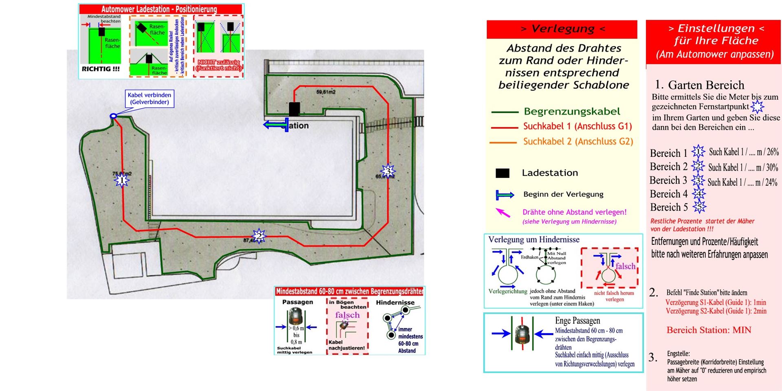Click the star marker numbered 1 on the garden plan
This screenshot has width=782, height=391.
coord(121,180)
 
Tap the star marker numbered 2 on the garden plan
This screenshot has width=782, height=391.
coord(259,236)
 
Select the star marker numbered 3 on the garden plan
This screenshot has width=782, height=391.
coord(388,170)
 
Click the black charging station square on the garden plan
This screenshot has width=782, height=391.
coord(294,109)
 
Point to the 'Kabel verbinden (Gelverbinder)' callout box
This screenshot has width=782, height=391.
coord(149,99)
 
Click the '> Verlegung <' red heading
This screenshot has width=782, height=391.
coord(562,29)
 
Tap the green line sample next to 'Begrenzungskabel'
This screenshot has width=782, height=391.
coord(504,112)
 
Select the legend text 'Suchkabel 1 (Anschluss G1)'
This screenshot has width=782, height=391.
coord(577,126)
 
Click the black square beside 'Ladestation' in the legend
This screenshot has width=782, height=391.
coord(502,173)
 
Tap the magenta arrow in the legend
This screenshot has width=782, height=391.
coord(503,213)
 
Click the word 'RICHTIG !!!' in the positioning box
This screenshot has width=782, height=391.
coord(101,69)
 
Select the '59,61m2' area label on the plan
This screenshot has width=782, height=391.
coord(326,92)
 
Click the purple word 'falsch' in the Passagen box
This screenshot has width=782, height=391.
coord(347,315)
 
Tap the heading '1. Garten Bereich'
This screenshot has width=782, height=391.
coord(699,85)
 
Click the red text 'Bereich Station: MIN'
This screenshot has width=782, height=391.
coord(709,330)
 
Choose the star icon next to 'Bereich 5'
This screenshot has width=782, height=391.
coord(699,207)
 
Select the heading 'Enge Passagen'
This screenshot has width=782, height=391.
coord(577,321)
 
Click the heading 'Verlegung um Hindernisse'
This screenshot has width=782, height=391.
coord(534,239)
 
